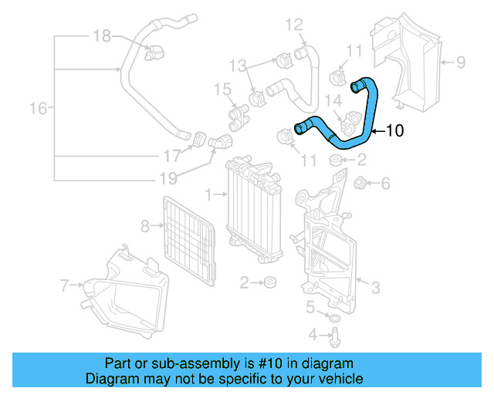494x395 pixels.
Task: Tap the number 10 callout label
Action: pyautogui.click(x=394, y=131)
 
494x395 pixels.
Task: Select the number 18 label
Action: pyautogui.click(x=103, y=35)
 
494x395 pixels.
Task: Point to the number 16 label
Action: pyautogui.click(x=38, y=109)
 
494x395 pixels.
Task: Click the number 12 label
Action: pyautogui.click(x=294, y=26)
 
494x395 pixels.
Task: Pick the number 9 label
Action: pyautogui.click(x=460, y=61)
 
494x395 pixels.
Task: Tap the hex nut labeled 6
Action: pyautogui.click(x=359, y=184)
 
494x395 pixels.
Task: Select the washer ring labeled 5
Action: pyautogui.click(x=333, y=319)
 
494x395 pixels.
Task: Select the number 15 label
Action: pyautogui.click(x=222, y=91)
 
